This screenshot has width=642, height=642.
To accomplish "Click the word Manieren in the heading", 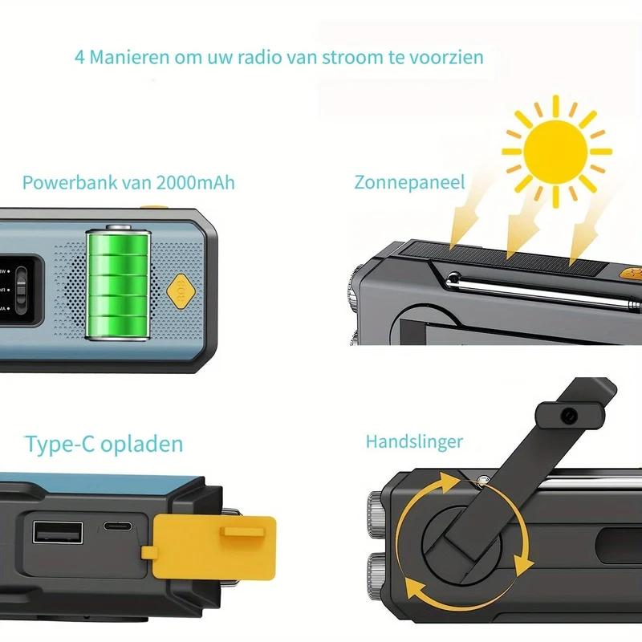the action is (x=129, y=57).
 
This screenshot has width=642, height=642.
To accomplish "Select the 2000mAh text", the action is (x=195, y=182).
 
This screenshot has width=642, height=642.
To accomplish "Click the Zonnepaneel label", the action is (x=409, y=183).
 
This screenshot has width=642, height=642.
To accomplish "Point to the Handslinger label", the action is (x=414, y=442).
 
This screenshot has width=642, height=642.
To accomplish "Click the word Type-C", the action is (x=60, y=445).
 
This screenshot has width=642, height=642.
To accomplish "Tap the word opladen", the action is (x=142, y=445).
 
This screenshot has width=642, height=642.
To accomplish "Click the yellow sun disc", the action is (x=555, y=152).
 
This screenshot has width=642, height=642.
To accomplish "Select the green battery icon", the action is (x=118, y=282).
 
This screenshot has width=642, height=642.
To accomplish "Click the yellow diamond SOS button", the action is (x=181, y=291).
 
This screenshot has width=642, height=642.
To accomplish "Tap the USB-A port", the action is (x=58, y=532).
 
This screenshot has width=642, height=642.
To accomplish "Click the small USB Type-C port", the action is (x=117, y=526).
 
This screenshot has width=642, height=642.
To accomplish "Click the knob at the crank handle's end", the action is (x=570, y=416).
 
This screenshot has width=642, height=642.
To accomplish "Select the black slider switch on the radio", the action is (x=21, y=285).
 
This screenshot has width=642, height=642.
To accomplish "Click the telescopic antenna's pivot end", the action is (x=453, y=279).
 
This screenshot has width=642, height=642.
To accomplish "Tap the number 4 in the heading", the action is (x=79, y=57).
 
